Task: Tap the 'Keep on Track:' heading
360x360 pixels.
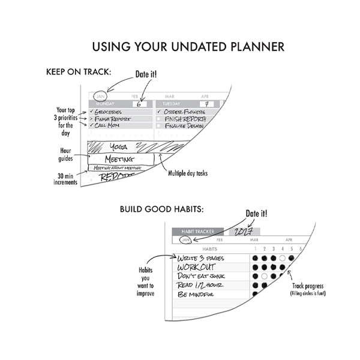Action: coord(78,72)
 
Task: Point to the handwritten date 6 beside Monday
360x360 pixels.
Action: coord(139,104)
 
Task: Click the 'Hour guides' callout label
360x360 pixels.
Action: coord(66,155)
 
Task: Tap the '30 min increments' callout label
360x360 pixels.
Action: coord(65,179)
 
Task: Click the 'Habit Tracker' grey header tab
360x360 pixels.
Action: coord(197,231)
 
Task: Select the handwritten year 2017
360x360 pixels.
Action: coord(243,231)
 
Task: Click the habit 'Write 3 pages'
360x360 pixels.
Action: coord(204,258)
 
